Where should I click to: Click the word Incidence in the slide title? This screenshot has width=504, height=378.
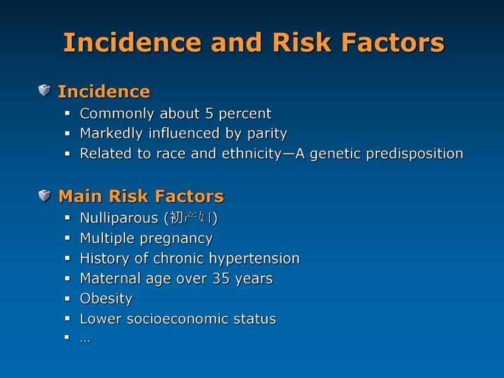(132, 42)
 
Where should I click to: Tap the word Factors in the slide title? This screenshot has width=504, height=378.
(392, 42)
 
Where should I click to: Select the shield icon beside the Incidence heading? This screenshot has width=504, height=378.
(44, 90)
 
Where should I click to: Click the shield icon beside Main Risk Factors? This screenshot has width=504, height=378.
(44, 196)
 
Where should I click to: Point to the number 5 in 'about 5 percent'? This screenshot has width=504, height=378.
(209, 113)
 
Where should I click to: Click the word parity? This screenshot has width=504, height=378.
(267, 134)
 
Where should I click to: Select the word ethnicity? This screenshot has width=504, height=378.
(251, 154)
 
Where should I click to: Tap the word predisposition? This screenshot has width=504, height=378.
(415, 154)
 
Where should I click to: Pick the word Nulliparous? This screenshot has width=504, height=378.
(119, 218)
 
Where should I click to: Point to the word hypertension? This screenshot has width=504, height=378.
(254, 259)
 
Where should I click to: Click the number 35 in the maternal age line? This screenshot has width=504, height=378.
(221, 278)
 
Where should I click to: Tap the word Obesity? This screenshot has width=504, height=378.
(106, 299)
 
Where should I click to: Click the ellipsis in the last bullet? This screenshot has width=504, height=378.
(85, 340)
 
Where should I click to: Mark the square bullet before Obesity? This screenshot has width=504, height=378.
(67, 299)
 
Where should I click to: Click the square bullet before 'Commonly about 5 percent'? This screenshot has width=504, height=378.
(67, 113)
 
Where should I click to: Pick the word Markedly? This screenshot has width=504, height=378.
(111, 134)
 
